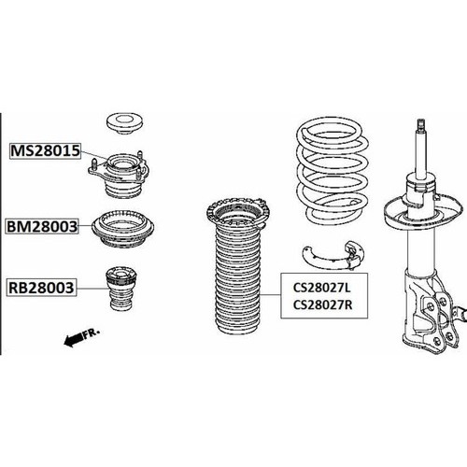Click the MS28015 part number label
pyautogui.click(x=45, y=151)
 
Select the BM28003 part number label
pyautogui.click(x=42, y=226)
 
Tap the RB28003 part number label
pyautogui.click(x=41, y=288)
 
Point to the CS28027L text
pyautogui.click(x=322, y=288)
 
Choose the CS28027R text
pyautogui.click(x=322, y=304)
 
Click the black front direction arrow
pyautogui.click(x=74, y=340)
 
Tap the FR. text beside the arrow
pyautogui.click(x=92, y=333)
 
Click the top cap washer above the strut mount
pyautogui.click(x=124, y=123)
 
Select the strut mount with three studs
pyautogui.click(x=119, y=175)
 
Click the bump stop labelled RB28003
pyautogui.click(x=121, y=289)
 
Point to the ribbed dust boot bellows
pyautogui.click(x=237, y=280)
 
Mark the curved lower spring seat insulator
pyautogui.click(x=333, y=256)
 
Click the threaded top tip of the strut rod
pyautogui.click(x=421, y=124)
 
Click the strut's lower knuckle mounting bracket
pyautogui.click(x=432, y=311)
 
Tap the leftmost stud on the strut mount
pyautogui.click(x=94, y=164)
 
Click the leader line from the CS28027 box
pyautogui.click(x=271, y=294)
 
